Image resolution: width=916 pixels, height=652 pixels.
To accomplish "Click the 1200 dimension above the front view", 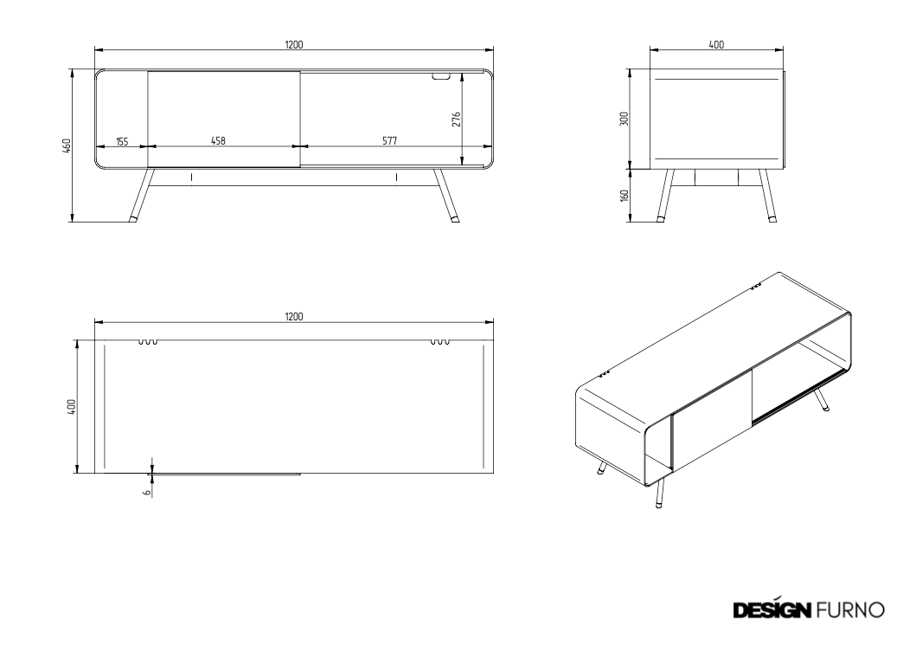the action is [x=294, y=44].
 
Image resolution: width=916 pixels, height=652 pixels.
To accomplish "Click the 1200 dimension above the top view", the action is [x=294, y=316].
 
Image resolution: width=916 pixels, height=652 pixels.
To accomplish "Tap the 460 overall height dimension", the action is [x=67, y=145].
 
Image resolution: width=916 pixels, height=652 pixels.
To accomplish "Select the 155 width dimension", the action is [x=121, y=141].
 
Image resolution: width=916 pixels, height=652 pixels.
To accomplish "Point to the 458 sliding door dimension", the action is [x=218, y=140].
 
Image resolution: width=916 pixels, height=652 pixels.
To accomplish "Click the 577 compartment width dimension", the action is [x=389, y=140].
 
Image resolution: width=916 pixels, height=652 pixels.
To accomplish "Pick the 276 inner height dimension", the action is [x=456, y=119].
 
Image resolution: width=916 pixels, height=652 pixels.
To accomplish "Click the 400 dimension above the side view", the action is [x=716, y=44].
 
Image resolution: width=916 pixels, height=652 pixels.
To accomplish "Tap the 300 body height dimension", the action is [x=624, y=119].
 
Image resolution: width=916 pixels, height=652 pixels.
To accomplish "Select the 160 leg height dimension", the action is [x=624, y=196].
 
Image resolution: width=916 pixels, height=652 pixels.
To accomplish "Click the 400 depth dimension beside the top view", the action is [x=71, y=406].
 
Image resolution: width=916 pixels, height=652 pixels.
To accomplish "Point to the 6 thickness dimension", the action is [x=147, y=492].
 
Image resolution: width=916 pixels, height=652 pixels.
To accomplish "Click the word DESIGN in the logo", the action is [x=772, y=610].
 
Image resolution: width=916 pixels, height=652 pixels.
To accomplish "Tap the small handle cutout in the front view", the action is [x=442, y=75].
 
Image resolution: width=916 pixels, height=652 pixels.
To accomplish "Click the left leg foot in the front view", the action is [x=133, y=219].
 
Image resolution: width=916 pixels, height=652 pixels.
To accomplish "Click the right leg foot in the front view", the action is [x=454, y=219].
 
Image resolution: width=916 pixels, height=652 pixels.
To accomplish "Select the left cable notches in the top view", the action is [x=148, y=342].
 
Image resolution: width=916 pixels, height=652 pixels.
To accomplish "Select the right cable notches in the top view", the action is [x=439, y=342].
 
